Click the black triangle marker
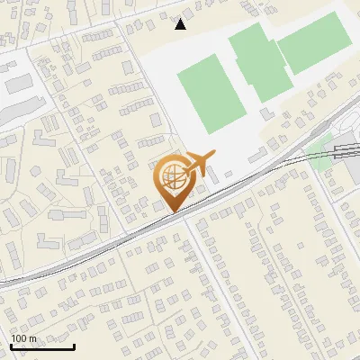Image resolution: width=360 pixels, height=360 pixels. pyautogui.click(x=181, y=23)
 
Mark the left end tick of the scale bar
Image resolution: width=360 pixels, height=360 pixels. pyautogui.click(x=11, y=346)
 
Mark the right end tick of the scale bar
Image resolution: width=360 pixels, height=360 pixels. pyautogui.click(x=74, y=346)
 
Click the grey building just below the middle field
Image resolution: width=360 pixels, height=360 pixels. pyautogui.click(x=267, y=113)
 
